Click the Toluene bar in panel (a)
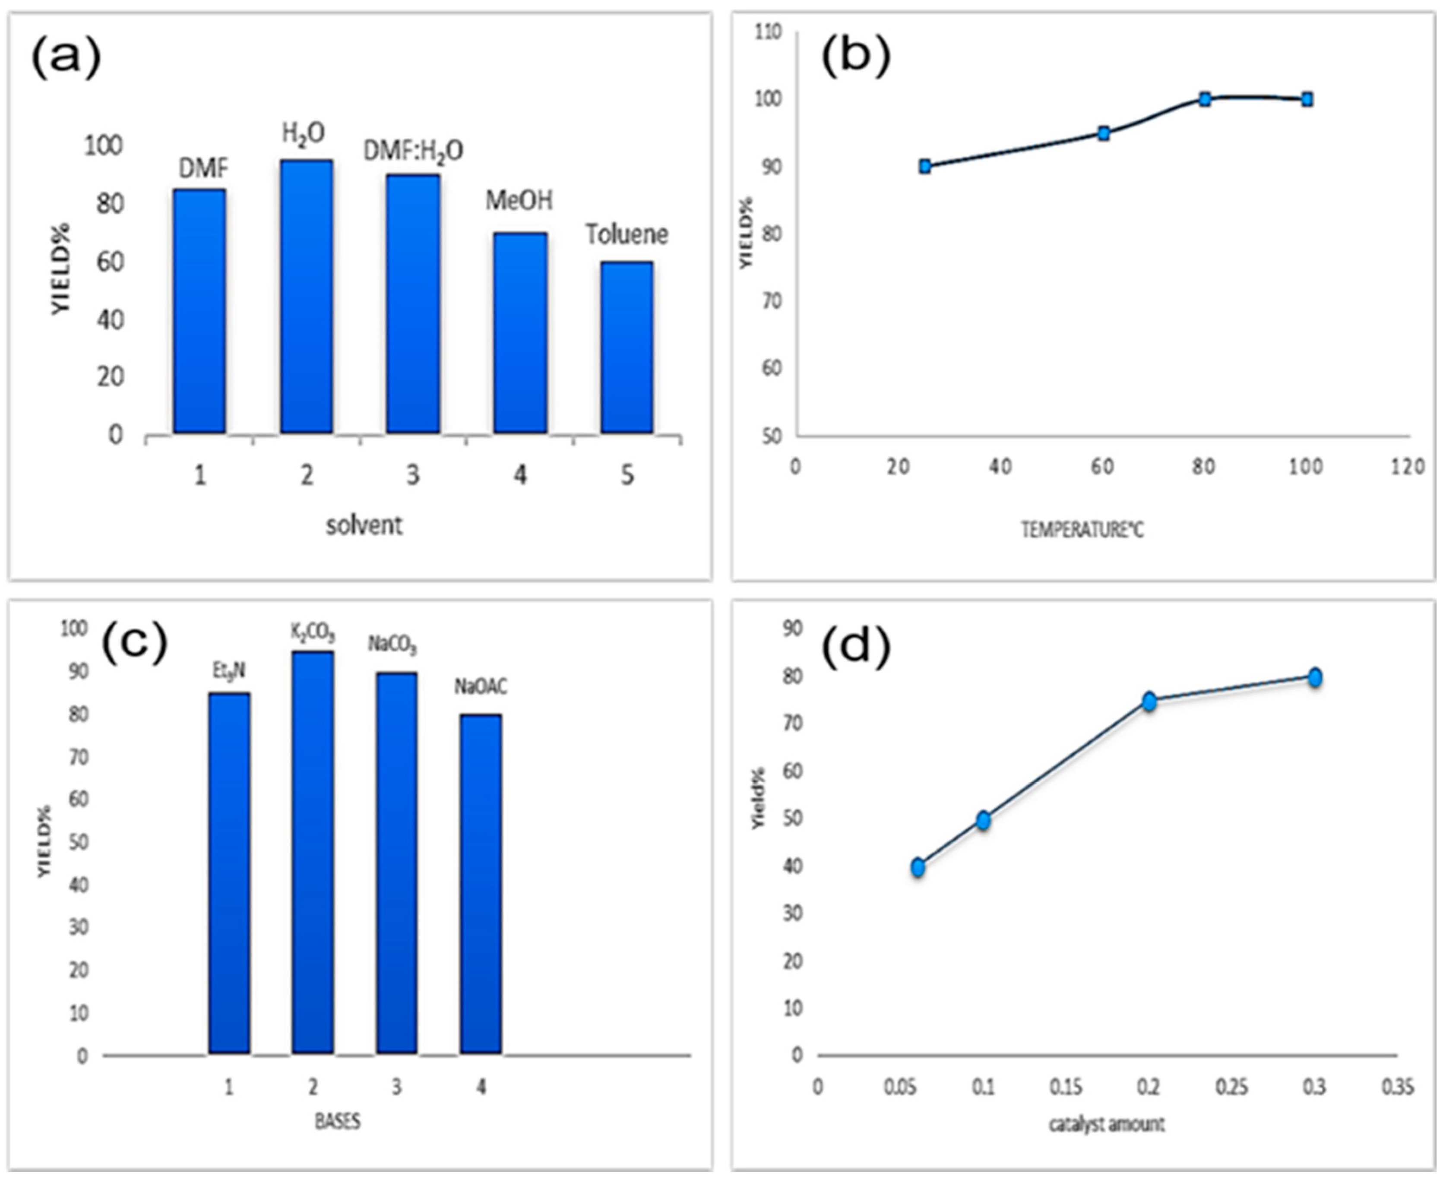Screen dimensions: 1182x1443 click(627, 347)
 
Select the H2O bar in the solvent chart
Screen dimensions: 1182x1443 click(307, 297)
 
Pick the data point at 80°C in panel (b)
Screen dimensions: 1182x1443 click(1205, 99)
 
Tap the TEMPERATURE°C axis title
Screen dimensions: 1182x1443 click(1082, 530)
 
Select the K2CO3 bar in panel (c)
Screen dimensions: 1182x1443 click(313, 853)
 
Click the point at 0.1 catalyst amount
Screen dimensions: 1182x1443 click(983, 820)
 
